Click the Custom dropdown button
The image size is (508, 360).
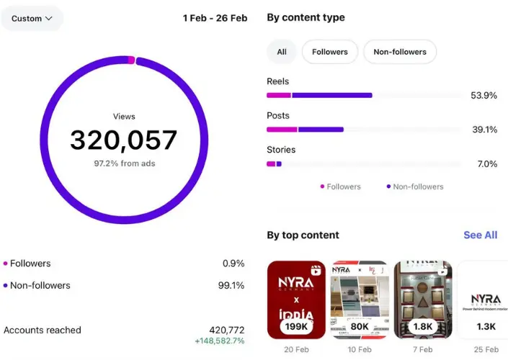coord(32,19)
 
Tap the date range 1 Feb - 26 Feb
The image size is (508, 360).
coord(215,18)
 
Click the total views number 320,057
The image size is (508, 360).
coord(124,140)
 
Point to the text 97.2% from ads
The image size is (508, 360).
coord(124,163)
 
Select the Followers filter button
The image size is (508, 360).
coord(329,52)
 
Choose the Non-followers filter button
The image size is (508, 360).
coord(400,52)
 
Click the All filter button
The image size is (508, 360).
coord(282,52)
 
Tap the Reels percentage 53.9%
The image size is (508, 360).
coord(484,95)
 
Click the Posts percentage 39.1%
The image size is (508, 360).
coord(484,130)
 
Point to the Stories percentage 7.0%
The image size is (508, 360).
coord(486,164)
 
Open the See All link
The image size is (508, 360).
coord(480,235)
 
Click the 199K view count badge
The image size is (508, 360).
coord(297,326)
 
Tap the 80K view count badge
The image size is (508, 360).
coord(360,326)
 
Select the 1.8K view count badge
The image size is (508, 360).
coord(422,326)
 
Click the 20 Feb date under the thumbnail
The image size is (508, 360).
coord(296,349)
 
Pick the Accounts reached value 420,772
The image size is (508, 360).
coord(226,330)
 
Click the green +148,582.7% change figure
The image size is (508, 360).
coord(219,341)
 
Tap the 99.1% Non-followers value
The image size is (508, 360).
coord(231,285)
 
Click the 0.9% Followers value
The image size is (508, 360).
coord(233,264)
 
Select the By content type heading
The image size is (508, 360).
coord(306,17)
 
